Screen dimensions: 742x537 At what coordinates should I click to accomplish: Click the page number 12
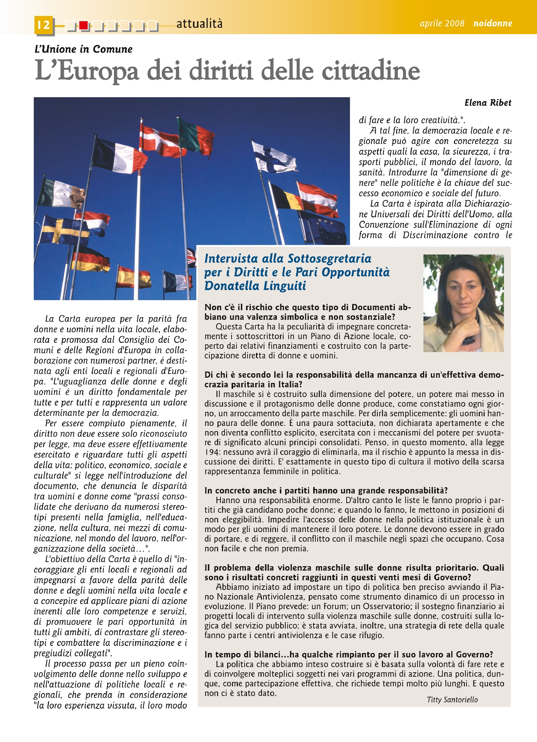44,25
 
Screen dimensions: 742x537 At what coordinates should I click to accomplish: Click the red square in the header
84,25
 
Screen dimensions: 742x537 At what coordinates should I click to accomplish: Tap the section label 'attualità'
199,24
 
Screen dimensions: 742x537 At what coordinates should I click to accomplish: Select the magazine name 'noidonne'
492,23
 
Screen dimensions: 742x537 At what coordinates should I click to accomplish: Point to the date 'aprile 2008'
442,23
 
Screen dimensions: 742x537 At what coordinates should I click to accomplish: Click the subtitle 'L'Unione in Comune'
84,49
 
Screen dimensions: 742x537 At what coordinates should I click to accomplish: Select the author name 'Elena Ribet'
488,103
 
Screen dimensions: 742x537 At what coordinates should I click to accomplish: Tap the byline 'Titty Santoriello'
452,700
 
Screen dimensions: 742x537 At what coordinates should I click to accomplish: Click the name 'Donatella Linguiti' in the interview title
255,286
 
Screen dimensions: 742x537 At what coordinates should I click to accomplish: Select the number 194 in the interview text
211,452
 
